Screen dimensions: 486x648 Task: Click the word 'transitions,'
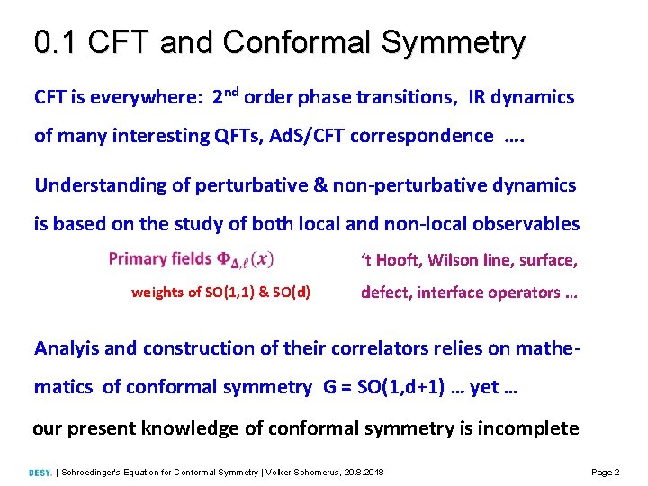[411, 97]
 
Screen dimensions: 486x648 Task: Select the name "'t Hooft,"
[391, 260]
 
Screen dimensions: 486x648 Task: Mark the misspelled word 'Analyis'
[67, 348]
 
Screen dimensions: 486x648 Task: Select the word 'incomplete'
[531, 428]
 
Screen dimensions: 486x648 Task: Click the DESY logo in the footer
[40, 472]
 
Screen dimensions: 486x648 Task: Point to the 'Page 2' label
[605, 472]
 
